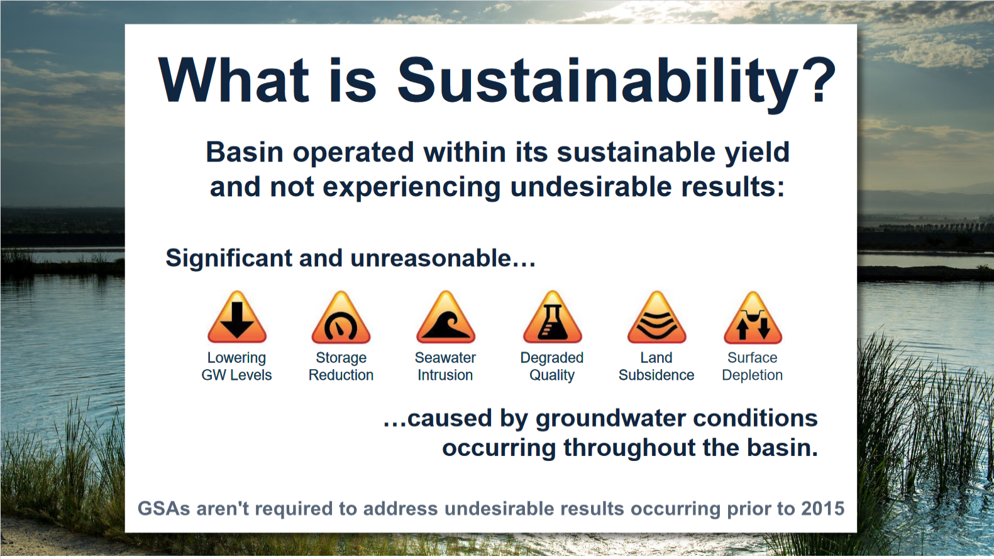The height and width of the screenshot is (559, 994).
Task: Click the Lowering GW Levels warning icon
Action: pos(237,318)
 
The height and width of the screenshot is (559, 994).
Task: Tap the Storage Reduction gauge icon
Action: pos(341,318)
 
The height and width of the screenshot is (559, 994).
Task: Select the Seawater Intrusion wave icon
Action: pos(446,318)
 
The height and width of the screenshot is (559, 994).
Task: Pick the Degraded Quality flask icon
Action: pos(552,318)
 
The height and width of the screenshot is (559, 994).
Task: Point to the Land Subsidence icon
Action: pos(657,318)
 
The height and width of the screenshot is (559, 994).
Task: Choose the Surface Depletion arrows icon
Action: pos(753,318)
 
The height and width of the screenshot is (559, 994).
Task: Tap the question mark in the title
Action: pos(819,80)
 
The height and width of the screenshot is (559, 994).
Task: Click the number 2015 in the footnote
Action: pos(822,509)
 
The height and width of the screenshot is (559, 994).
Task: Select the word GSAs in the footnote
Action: pos(163,509)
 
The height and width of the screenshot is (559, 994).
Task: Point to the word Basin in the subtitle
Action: pos(245,152)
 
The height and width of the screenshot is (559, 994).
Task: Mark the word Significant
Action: pos(229,258)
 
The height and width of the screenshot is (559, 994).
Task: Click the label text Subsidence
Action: pos(656,375)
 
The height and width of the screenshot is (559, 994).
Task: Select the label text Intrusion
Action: pos(445,375)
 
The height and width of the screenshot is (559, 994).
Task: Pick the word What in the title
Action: pos(233,80)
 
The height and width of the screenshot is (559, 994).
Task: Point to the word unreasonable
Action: pos(443,258)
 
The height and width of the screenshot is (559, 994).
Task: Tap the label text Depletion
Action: pos(752,375)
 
